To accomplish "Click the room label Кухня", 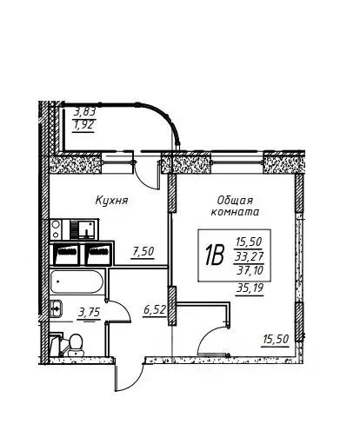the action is [x=111, y=201].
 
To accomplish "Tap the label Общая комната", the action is [x=235, y=206].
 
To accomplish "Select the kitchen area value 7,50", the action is [x=143, y=251].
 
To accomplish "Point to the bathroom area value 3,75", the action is [x=89, y=313].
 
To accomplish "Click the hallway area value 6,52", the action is [x=155, y=310].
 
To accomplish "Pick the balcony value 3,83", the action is [x=84, y=111].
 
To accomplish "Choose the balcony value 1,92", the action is [x=83, y=125].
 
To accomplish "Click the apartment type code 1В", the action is [x=215, y=255].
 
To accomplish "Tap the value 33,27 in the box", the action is [x=249, y=256].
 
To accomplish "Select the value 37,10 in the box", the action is [x=250, y=270].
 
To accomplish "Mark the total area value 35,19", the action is [x=250, y=288].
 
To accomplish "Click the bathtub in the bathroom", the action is [x=77, y=282].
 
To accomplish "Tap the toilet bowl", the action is [x=76, y=345].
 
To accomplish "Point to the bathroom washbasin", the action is [x=56, y=308].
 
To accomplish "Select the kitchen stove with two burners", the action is [x=56, y=229].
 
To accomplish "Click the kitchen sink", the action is [x=85, y=229].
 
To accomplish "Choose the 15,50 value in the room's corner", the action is [x=276, y=339].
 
